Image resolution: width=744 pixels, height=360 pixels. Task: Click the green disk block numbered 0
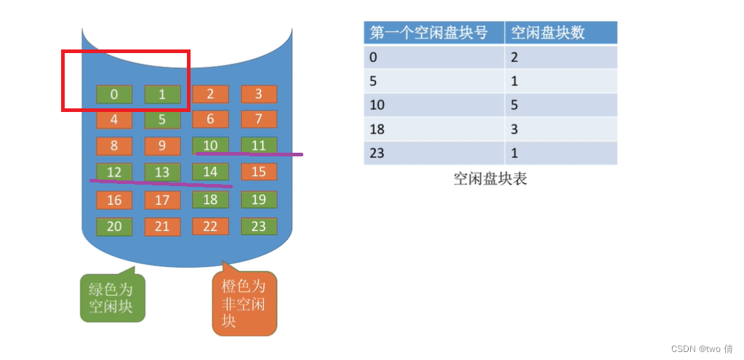pyautogui.click(x=114, y=94)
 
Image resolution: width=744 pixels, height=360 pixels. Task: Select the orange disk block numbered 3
pyautogui.click(x=258, y=94)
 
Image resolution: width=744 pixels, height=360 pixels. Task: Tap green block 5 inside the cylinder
pyautogui.click(x=162, y=119)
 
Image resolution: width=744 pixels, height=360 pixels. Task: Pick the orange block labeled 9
pyautogui.click(x=162, y=145)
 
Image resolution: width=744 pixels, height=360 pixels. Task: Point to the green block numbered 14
pyautogui.click(x=210, y=172)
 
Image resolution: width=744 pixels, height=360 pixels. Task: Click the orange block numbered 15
pyautogui.click(x=258, y=172)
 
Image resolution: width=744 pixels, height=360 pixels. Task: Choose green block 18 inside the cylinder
pyautogui.click(x=210, y=199)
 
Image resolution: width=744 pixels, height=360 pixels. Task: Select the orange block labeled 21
pyautogui.click(x=162, y=226)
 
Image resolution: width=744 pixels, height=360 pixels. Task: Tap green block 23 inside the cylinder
pyautogui.click(x=258, y=226)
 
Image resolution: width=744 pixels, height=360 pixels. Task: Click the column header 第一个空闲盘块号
pyautogui.click(x=433, y=33)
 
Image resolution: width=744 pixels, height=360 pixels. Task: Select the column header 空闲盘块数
pyautogui.click(x=560, y=33)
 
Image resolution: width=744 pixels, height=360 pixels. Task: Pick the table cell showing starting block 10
pyautogui.click(x=433, y=105)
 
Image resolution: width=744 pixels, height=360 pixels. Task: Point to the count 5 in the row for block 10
pyautogui.click(x=560, y=105)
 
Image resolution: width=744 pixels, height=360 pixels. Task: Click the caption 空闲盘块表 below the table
pyautogui.click(x=489, y=179)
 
